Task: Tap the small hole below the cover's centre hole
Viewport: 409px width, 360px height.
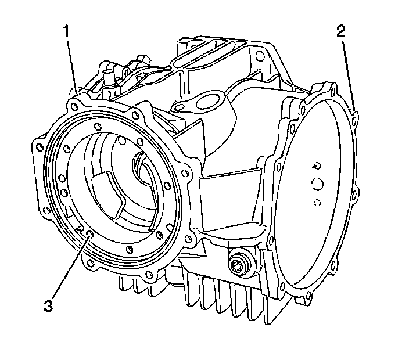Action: tap(317, 202)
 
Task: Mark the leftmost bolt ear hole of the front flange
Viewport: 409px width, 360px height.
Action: tap(40, 141)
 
